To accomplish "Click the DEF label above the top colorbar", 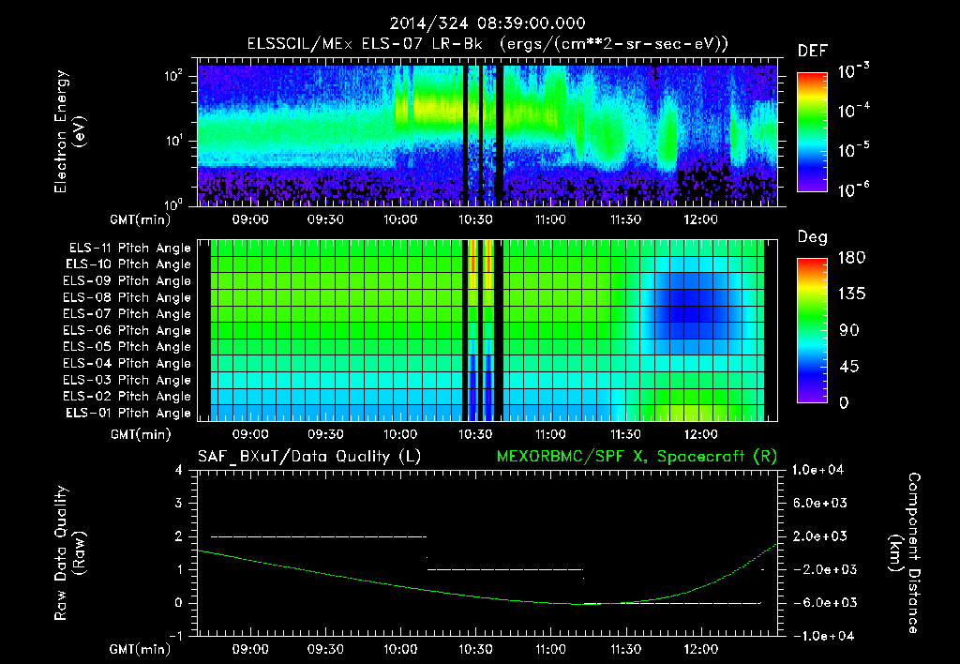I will point(812,52).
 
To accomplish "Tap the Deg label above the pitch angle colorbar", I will point(812,237).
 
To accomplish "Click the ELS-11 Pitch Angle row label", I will point(129,249).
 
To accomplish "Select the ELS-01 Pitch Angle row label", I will point(129,414).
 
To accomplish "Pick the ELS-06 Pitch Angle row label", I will point(129,331).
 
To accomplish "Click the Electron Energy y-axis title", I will point(70,131).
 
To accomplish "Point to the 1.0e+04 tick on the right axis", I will point(821,471).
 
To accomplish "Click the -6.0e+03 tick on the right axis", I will point(821,603).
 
